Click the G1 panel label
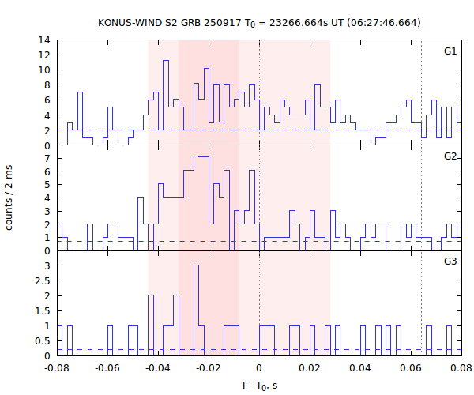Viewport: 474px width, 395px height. (x=450, y=51)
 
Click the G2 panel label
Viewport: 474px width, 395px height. (x=450, y=156)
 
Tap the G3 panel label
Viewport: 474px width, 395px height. (x=450, y=261)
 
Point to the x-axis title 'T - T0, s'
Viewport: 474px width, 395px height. (x=259, y=386)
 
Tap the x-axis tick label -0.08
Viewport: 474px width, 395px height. (x=57, y=368)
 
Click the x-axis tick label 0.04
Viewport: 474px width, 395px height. (x=360, y=368)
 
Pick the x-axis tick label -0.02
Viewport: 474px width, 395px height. (x=209, y=368)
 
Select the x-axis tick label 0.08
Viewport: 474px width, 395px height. (x=461, y=368)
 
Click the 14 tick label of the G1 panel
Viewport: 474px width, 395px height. (x=45, y=39)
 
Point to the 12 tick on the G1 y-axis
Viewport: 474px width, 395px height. (x=45, y=55)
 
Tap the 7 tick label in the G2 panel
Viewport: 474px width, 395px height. (x=47, y=158)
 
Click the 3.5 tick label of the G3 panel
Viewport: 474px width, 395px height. (x=43, y=250)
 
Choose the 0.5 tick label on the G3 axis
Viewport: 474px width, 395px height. (x=43, y=340)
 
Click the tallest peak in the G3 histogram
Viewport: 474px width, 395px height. (x=196, y=265)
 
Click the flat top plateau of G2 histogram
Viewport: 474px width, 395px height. (x=201, y=157)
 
